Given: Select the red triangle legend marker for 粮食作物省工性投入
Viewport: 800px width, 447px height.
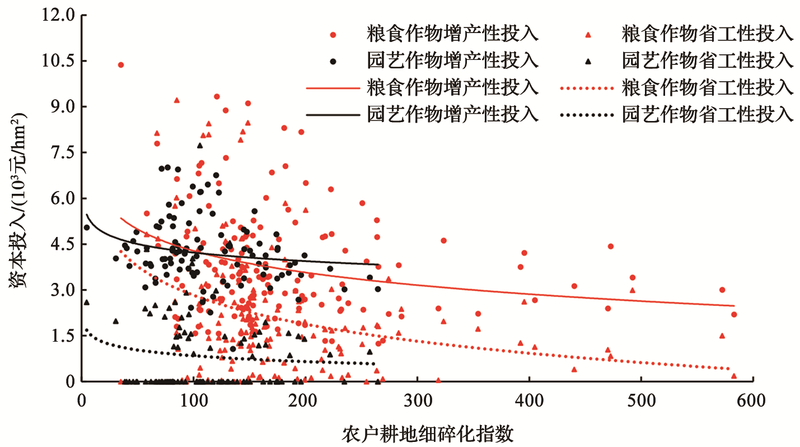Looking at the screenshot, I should point(588,35).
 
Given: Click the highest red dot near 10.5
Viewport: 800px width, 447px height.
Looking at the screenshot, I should point(120,65).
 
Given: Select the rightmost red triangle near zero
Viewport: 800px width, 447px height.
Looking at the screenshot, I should point(734,376).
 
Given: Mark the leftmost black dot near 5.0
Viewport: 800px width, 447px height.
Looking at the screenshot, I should point(86,227).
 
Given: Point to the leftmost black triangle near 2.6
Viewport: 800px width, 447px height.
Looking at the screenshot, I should point(86,302).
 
